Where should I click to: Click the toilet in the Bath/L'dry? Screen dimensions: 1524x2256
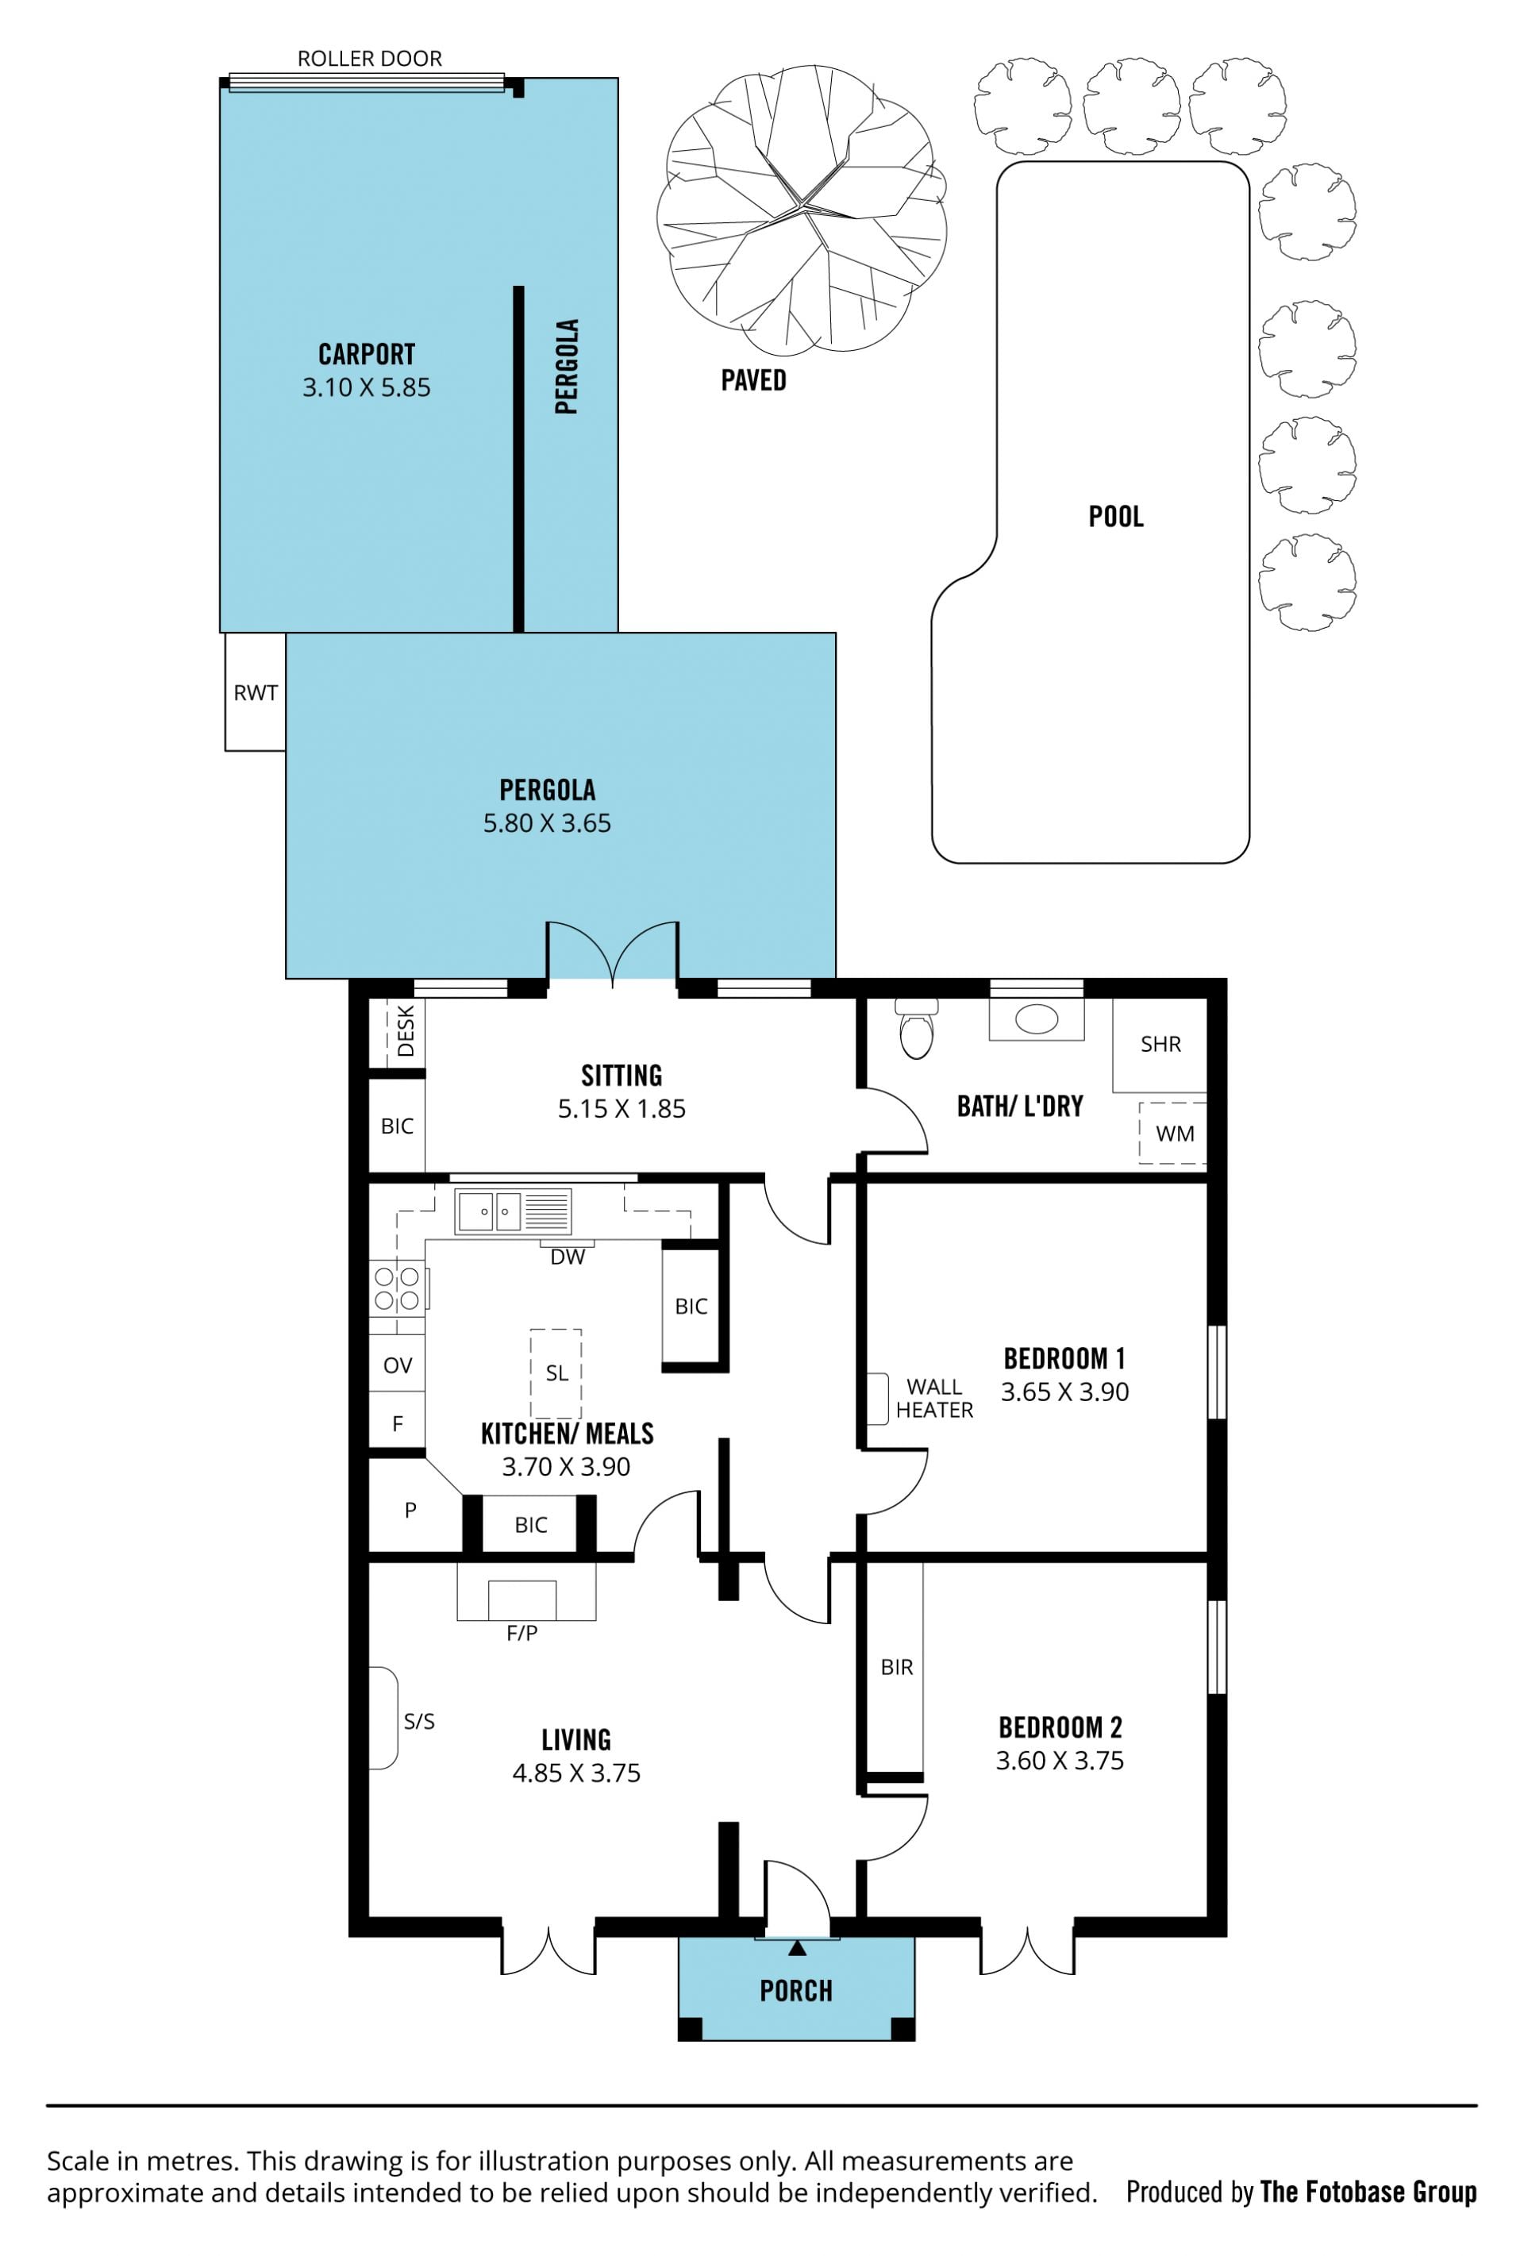(x=915, y=1028)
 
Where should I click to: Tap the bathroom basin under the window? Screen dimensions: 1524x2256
(x=1036, y=1018)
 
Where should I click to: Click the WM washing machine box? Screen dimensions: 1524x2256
(x=1172, y=1132)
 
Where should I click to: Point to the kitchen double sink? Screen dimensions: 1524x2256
(x=514, y=1211)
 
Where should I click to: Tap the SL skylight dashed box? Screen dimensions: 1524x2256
(x=556, y=1373)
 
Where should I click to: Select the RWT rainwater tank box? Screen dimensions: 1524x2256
(x=256, y=692)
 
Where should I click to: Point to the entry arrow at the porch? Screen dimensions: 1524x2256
(x=797, y=1947)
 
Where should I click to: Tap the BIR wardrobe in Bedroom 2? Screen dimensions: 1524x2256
(x=895, y=1669)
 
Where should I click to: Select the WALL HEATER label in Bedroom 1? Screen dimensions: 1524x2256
(x=933, y=1398)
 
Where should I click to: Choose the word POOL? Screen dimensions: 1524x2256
(x=1115, y=517)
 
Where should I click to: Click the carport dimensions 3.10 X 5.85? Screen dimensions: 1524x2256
(x=366, y=387)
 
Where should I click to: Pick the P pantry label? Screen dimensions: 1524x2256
(x=410, y=1510)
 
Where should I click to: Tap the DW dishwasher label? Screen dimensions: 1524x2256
(x=568, y=1257)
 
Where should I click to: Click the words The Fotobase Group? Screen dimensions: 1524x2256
(x=1368, y=2191)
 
